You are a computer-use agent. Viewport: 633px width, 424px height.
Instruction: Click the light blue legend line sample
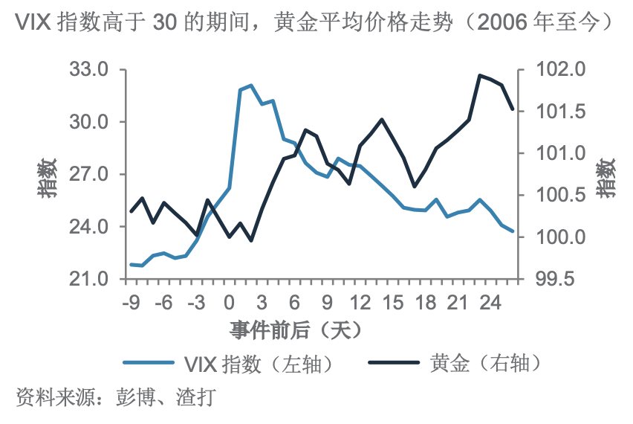(149, 364)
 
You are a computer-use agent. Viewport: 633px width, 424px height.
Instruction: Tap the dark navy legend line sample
(395, 364)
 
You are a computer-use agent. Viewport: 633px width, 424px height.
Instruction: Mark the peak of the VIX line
(251, 86)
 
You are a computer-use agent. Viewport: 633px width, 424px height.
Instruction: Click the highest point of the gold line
(479, 75)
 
